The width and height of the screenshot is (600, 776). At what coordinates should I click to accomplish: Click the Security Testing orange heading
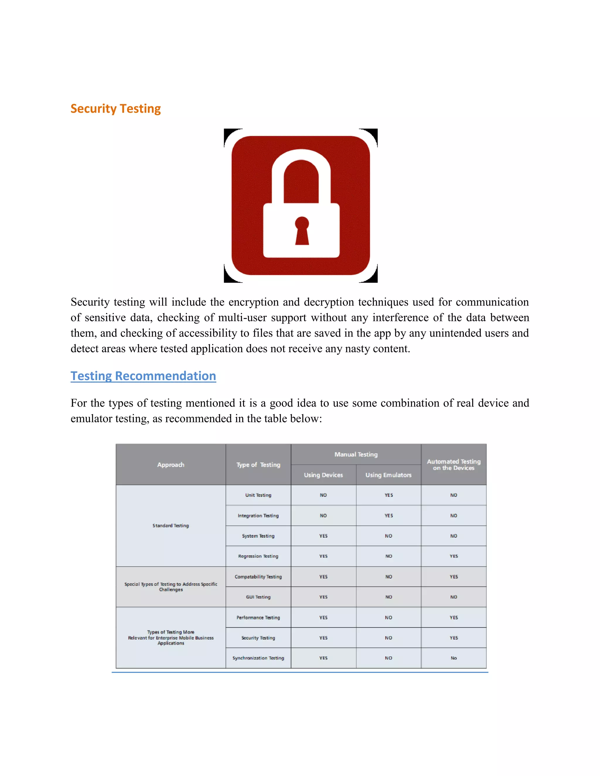click(115, 108)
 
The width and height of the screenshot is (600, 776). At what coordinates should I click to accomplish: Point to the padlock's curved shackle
click(301, 167)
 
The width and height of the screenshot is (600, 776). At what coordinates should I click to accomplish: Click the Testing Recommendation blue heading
click(143, 376)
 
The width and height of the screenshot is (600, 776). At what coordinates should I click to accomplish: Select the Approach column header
click(171, 465)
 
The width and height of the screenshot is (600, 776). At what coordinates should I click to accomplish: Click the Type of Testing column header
click(258, 465)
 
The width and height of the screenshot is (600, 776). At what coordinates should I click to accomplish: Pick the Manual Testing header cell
click(356, 454)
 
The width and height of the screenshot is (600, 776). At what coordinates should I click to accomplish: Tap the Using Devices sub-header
click(323, 475)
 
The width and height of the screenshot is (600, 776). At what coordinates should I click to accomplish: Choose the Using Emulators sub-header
click(388, 475)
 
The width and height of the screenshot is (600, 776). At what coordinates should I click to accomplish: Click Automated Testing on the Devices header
click(454, 464)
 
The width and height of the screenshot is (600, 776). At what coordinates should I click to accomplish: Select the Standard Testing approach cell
click(171, 526)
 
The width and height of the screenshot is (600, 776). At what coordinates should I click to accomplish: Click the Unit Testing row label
click(258, 495)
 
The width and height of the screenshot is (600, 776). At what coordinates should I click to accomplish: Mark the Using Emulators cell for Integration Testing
click(388, 516)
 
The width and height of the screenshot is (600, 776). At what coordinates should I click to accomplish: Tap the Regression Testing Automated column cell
click(454, 556)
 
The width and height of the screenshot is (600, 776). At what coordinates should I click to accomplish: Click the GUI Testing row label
click(258, 597)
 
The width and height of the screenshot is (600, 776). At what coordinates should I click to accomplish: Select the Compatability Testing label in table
click(258, 577)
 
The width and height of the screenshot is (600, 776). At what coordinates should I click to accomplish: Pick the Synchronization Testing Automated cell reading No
click(454, 658)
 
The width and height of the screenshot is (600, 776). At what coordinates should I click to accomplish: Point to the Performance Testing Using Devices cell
click(323, 618)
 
